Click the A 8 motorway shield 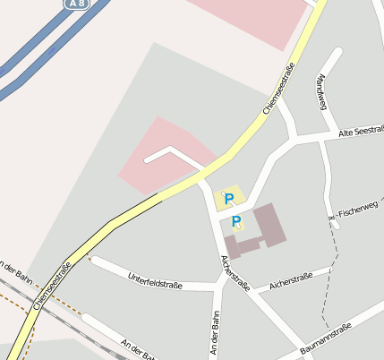[x=78, y=4]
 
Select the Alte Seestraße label [x=361, y=132]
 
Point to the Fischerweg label [x=358, y=210]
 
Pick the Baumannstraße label [x=327, y=339]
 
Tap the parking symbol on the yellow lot [x=229, y=198]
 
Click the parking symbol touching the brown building [x=236, y=221]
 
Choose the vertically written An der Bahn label [x=214, y=333]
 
